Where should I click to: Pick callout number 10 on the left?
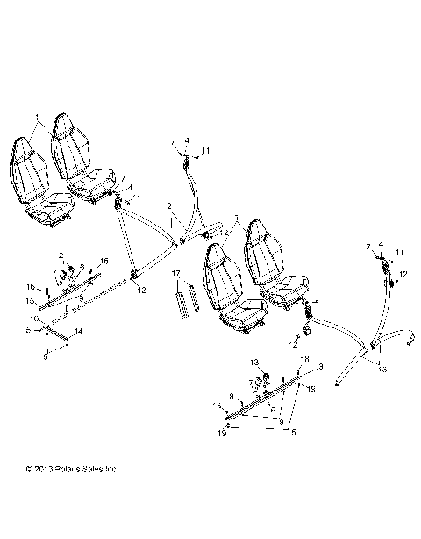pos(33,318)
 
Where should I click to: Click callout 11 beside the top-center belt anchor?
pos(207,153)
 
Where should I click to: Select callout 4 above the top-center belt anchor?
pos(187,140)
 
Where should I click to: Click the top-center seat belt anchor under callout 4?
pos(187,162)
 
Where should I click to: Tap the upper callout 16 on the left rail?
pos(103,262)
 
